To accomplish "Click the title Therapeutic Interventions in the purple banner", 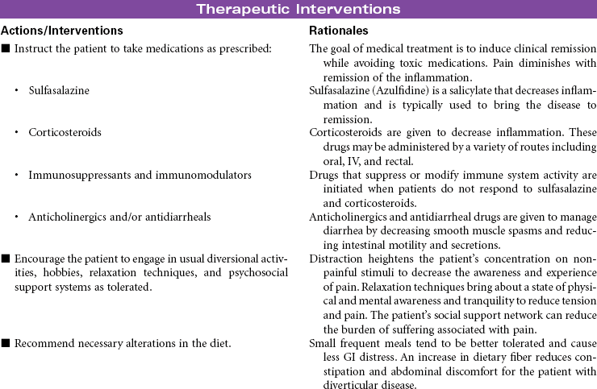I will (298, 10).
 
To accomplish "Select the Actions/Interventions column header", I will (63, 30).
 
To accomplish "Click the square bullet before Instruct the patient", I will (6, 50).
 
